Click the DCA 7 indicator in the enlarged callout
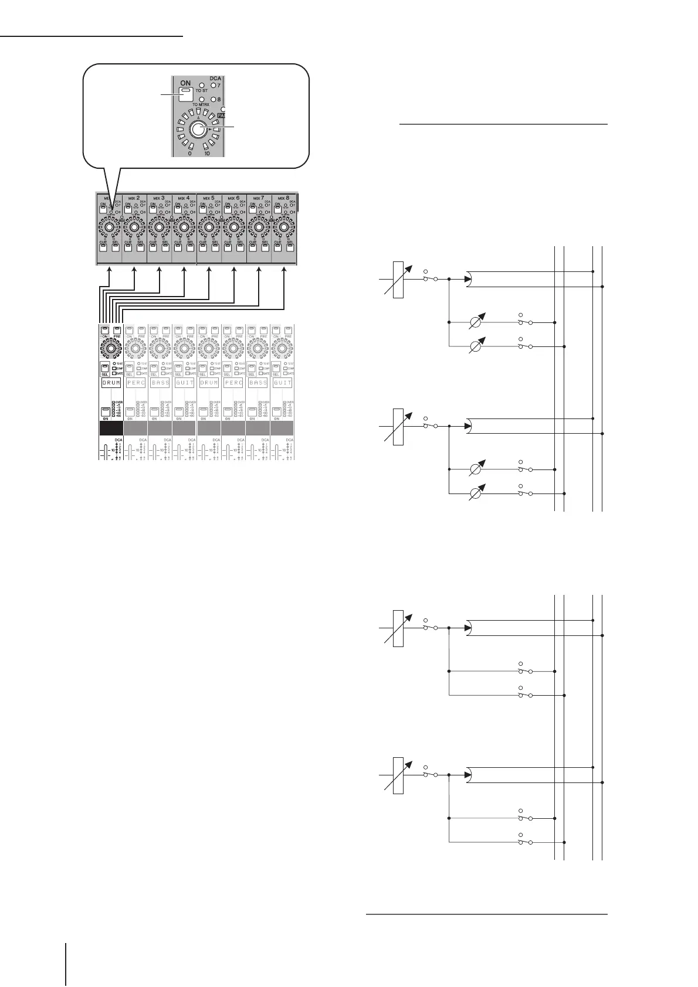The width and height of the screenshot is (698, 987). point(214,86)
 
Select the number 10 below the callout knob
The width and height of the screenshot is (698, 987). point(207,153)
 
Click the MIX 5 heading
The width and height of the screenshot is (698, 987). point(208,198)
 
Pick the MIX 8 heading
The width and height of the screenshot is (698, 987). point(283,198)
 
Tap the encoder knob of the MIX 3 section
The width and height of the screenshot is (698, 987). point(159,227)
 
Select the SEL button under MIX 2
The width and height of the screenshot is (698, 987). point(141,247)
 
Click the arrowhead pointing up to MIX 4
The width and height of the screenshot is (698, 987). point(184,270)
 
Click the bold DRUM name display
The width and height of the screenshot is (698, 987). point(111,383)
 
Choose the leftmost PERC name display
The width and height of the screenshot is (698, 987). point(135,383)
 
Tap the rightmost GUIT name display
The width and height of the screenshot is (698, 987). point(283,383)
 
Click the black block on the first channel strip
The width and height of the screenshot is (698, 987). point(111,428)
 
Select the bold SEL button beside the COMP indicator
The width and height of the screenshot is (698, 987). point(105,369)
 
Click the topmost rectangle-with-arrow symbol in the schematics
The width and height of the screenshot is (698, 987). point(398,279)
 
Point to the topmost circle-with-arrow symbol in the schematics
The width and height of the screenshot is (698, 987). point(476,322)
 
